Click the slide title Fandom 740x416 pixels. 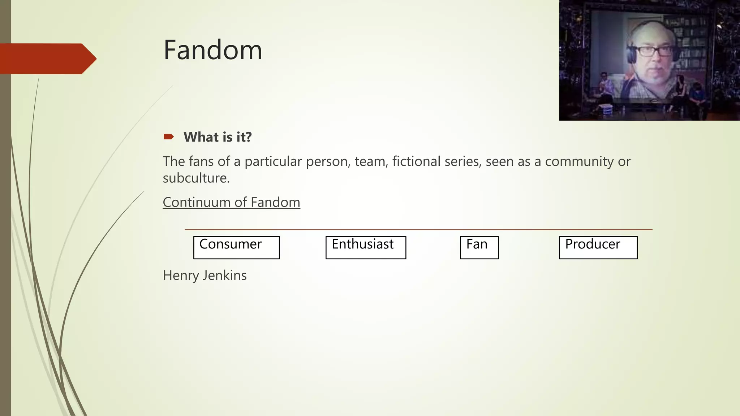pyautogui.click(x=212, y=50)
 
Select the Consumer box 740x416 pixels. pyautogui.click(x=236, y=247)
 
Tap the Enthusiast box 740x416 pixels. pyautogui.click(x=366, y=247)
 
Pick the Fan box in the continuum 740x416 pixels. pyautogui.click(x=479, y=247)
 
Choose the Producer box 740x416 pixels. pyautogui.click(x=598, y=247)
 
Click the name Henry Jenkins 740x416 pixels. pyautogui.click(x=205, y=276)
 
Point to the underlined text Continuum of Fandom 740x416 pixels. pyautogui.click(x=231, y=202)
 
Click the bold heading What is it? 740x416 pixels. pyautogui.click(x=218, y=137)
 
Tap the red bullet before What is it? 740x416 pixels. pyautogui.click(x=168, y=137)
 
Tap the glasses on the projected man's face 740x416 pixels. pyautogui.click(x=654, y=51)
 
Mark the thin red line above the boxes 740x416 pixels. pyautogui.click(x=418, y=229)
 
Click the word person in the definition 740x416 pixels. pyautogui.click(x=328, y=161)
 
